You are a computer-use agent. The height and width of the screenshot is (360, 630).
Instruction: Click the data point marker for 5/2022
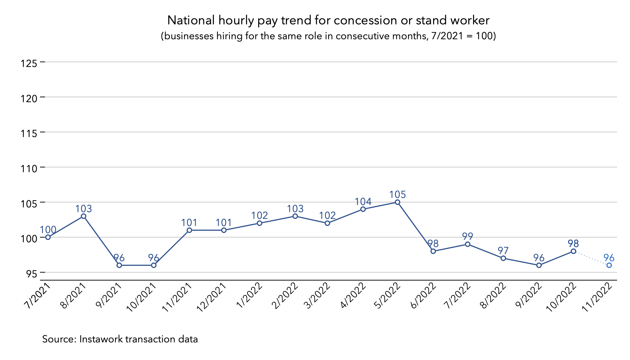(x=398, y=202)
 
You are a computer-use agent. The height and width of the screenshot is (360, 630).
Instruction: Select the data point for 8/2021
(x=84, y=216)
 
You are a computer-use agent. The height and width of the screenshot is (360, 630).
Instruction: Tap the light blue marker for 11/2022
(x=609, y=265)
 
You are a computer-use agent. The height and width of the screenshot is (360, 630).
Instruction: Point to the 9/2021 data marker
(x=119, y=265)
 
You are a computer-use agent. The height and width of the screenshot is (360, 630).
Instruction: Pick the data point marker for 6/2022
(x=433, y=251)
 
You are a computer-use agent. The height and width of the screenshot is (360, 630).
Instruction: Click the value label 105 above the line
(x=398, y=195)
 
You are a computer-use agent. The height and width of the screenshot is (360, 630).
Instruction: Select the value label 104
(x=363, y=202)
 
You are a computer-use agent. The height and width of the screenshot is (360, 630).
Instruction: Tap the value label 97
(x=503, y=251)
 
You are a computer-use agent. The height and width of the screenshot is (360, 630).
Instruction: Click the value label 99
(x=468, y=237)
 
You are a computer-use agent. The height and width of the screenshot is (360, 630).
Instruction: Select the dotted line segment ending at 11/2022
(x=591, y=258)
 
